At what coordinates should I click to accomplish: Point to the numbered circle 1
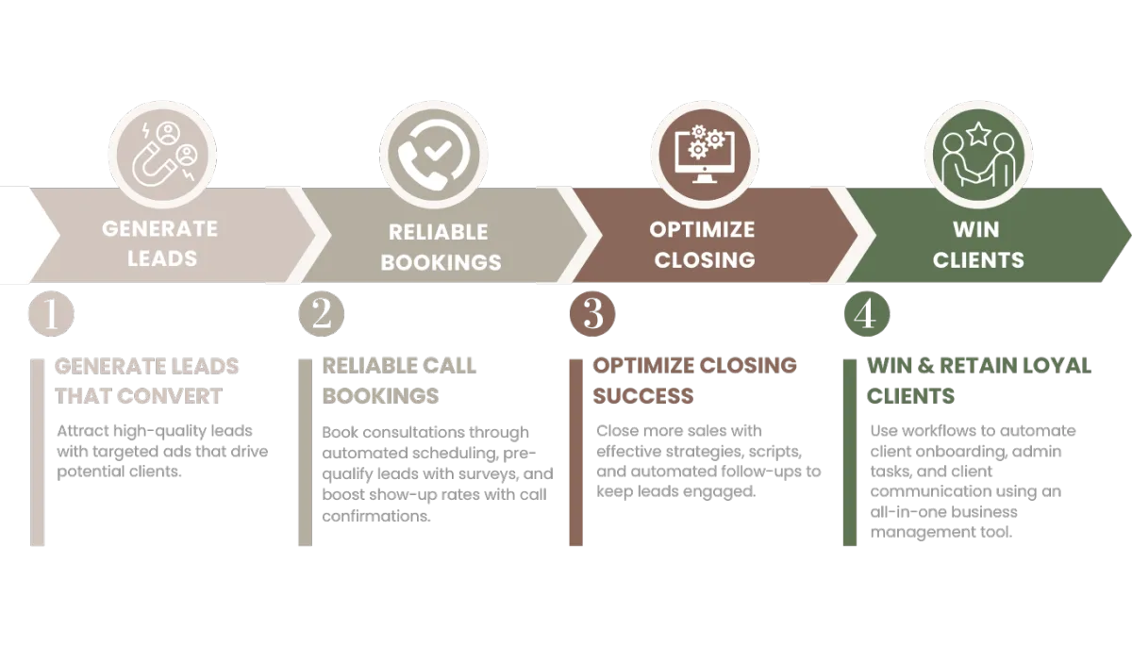tap(52, 314)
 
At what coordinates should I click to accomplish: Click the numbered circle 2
tap(321, 314)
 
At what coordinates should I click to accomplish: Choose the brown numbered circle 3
tap(591, 314)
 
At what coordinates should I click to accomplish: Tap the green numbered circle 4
tap(864, 314)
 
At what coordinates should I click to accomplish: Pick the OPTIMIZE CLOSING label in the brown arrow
tap(703, 243)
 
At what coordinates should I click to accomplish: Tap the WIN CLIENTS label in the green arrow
tap(977, 243)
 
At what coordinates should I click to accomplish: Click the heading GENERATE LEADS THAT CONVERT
tap(146, 381)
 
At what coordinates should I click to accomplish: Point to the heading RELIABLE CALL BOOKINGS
tap(399, 380)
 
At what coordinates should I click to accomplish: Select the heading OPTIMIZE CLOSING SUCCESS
tap(694, 380)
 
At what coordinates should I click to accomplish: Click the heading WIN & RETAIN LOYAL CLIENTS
tap(978, 380)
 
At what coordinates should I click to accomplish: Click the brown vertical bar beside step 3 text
tap(575, 453)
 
